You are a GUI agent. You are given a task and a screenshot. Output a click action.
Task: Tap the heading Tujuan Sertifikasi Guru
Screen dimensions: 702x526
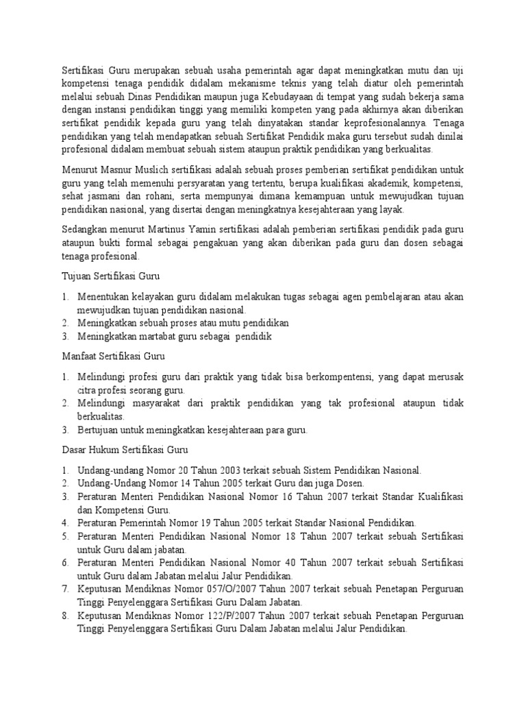click(x=110, y=276)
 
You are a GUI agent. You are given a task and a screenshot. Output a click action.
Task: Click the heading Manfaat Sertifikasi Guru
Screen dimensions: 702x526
click(x=113, y=356)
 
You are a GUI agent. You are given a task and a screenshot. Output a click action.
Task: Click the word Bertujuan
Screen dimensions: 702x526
click(x=102, y=431)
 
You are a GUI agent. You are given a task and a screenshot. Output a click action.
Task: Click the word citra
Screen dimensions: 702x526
click(x=88, y=389)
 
